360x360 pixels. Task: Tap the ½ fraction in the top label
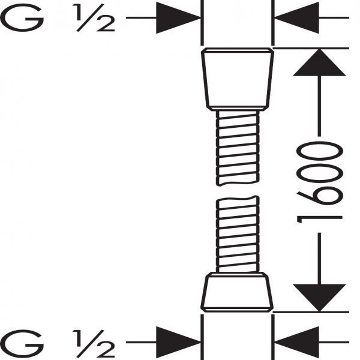94,17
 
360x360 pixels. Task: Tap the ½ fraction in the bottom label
94,343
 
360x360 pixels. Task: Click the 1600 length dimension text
320,182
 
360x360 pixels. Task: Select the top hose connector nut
238,79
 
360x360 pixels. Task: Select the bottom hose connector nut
237,292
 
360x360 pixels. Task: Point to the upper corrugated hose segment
238,148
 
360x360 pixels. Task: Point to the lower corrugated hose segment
238,234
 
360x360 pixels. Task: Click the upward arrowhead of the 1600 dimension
319,62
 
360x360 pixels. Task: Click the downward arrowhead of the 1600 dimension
319,298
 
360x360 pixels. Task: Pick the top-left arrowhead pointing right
178,17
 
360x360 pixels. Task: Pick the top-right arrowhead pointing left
296,17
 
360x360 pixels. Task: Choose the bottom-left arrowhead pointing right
178,343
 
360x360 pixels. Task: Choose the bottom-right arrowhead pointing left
296,343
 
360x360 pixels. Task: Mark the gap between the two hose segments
238,191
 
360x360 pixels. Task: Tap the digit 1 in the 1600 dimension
320,220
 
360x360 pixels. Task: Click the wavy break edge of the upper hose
238,184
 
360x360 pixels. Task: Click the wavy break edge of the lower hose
238,198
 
